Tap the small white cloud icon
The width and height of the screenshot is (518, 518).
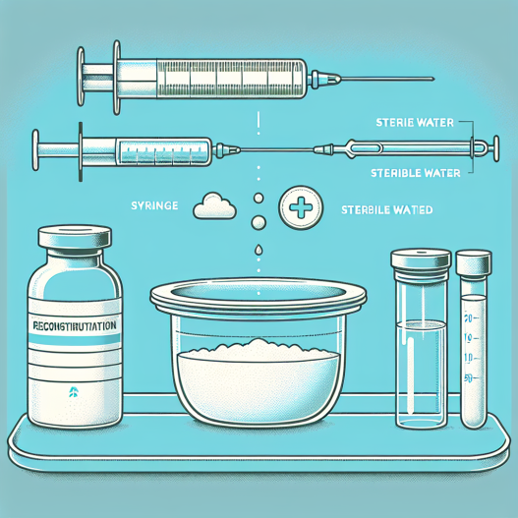(x=212, y=205)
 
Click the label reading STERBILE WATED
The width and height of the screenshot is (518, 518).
(x=387, y=208)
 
